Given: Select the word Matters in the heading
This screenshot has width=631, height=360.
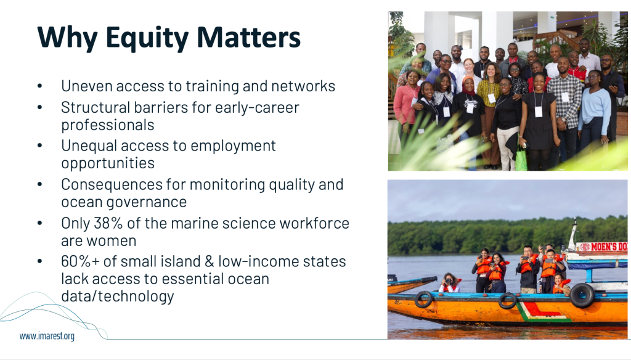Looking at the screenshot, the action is point(248,38).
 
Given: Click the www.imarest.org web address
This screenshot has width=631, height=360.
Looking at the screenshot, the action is point(47,336).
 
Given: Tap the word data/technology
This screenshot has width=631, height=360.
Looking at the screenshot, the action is point(118,297).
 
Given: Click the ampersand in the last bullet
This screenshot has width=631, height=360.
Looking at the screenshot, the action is point(210,261).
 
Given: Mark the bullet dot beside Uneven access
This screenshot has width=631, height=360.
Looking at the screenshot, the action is point(39,86).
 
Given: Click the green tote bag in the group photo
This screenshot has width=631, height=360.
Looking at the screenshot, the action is point(521,158).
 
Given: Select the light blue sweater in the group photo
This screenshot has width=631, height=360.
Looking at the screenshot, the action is point(595,108).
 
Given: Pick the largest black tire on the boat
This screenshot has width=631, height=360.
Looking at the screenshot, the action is point(582,295).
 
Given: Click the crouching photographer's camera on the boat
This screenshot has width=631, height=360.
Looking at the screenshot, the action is point(448,280).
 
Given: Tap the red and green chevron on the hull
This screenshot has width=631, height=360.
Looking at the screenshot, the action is point(541,313).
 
